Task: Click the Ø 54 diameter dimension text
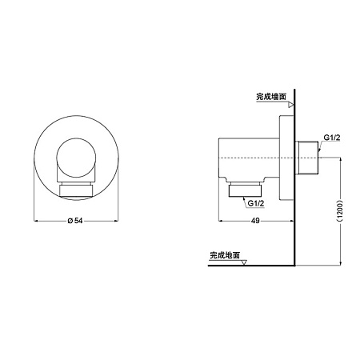(75, 221)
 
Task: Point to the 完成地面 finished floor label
(226, 255)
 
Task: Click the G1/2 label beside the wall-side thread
(333, 138)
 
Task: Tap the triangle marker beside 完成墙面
(292, 105)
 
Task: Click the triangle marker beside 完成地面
(246, 262)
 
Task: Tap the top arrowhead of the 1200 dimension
(342, 160)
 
